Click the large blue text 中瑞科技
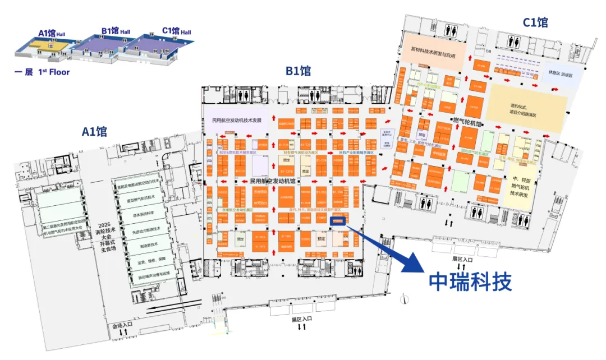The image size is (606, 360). [471, 282]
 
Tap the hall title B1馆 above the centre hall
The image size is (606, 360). [298, 71]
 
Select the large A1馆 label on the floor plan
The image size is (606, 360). [94, 132]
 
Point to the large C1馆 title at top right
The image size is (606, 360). [535, 22]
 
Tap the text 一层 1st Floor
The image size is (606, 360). [42, 72]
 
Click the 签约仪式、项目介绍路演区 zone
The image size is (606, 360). [526, 109]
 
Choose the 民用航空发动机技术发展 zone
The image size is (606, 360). [237, 120]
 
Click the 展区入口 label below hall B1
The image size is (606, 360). [301, 319]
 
